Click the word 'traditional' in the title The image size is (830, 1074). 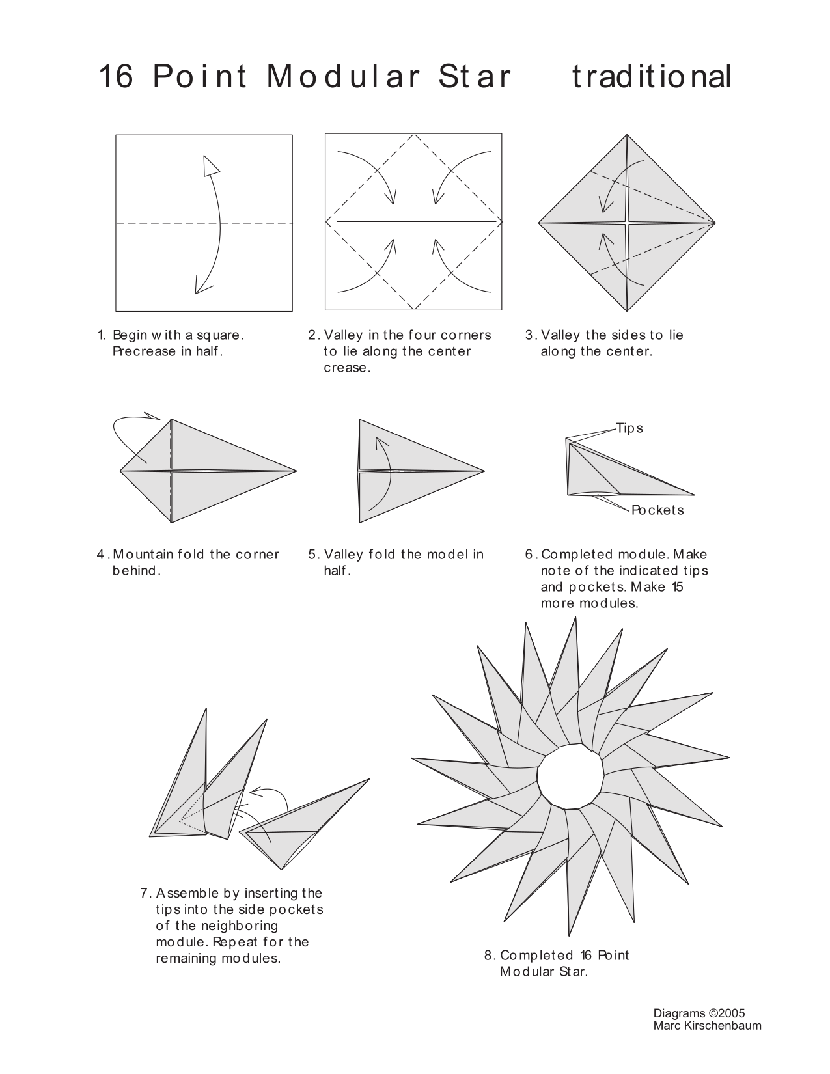click(652, 77)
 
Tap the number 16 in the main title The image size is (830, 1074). click(117, 77)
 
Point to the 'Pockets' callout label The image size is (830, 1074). click(657, 510)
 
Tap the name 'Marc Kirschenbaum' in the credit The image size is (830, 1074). click(707, 1026)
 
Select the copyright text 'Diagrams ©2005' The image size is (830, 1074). click(699, 1013)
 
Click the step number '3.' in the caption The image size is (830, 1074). click(531, 335)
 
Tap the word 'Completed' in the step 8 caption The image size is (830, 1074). click(537, 956)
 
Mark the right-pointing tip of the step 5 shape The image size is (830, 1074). click(483, 471)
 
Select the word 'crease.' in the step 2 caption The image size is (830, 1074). click(347, 368)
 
